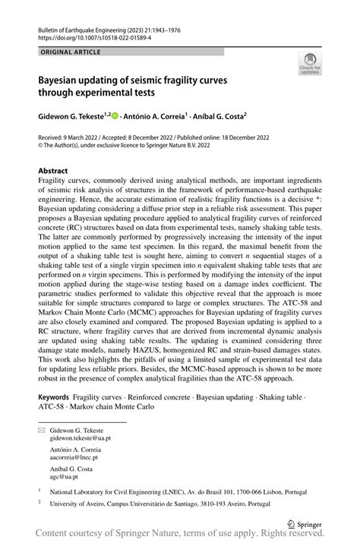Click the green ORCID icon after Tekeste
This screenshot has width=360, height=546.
click(x=115, y=116)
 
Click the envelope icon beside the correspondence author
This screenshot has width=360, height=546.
click(x=42, y=431)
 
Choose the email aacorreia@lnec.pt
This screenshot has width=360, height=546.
click(x=74, y=457)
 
